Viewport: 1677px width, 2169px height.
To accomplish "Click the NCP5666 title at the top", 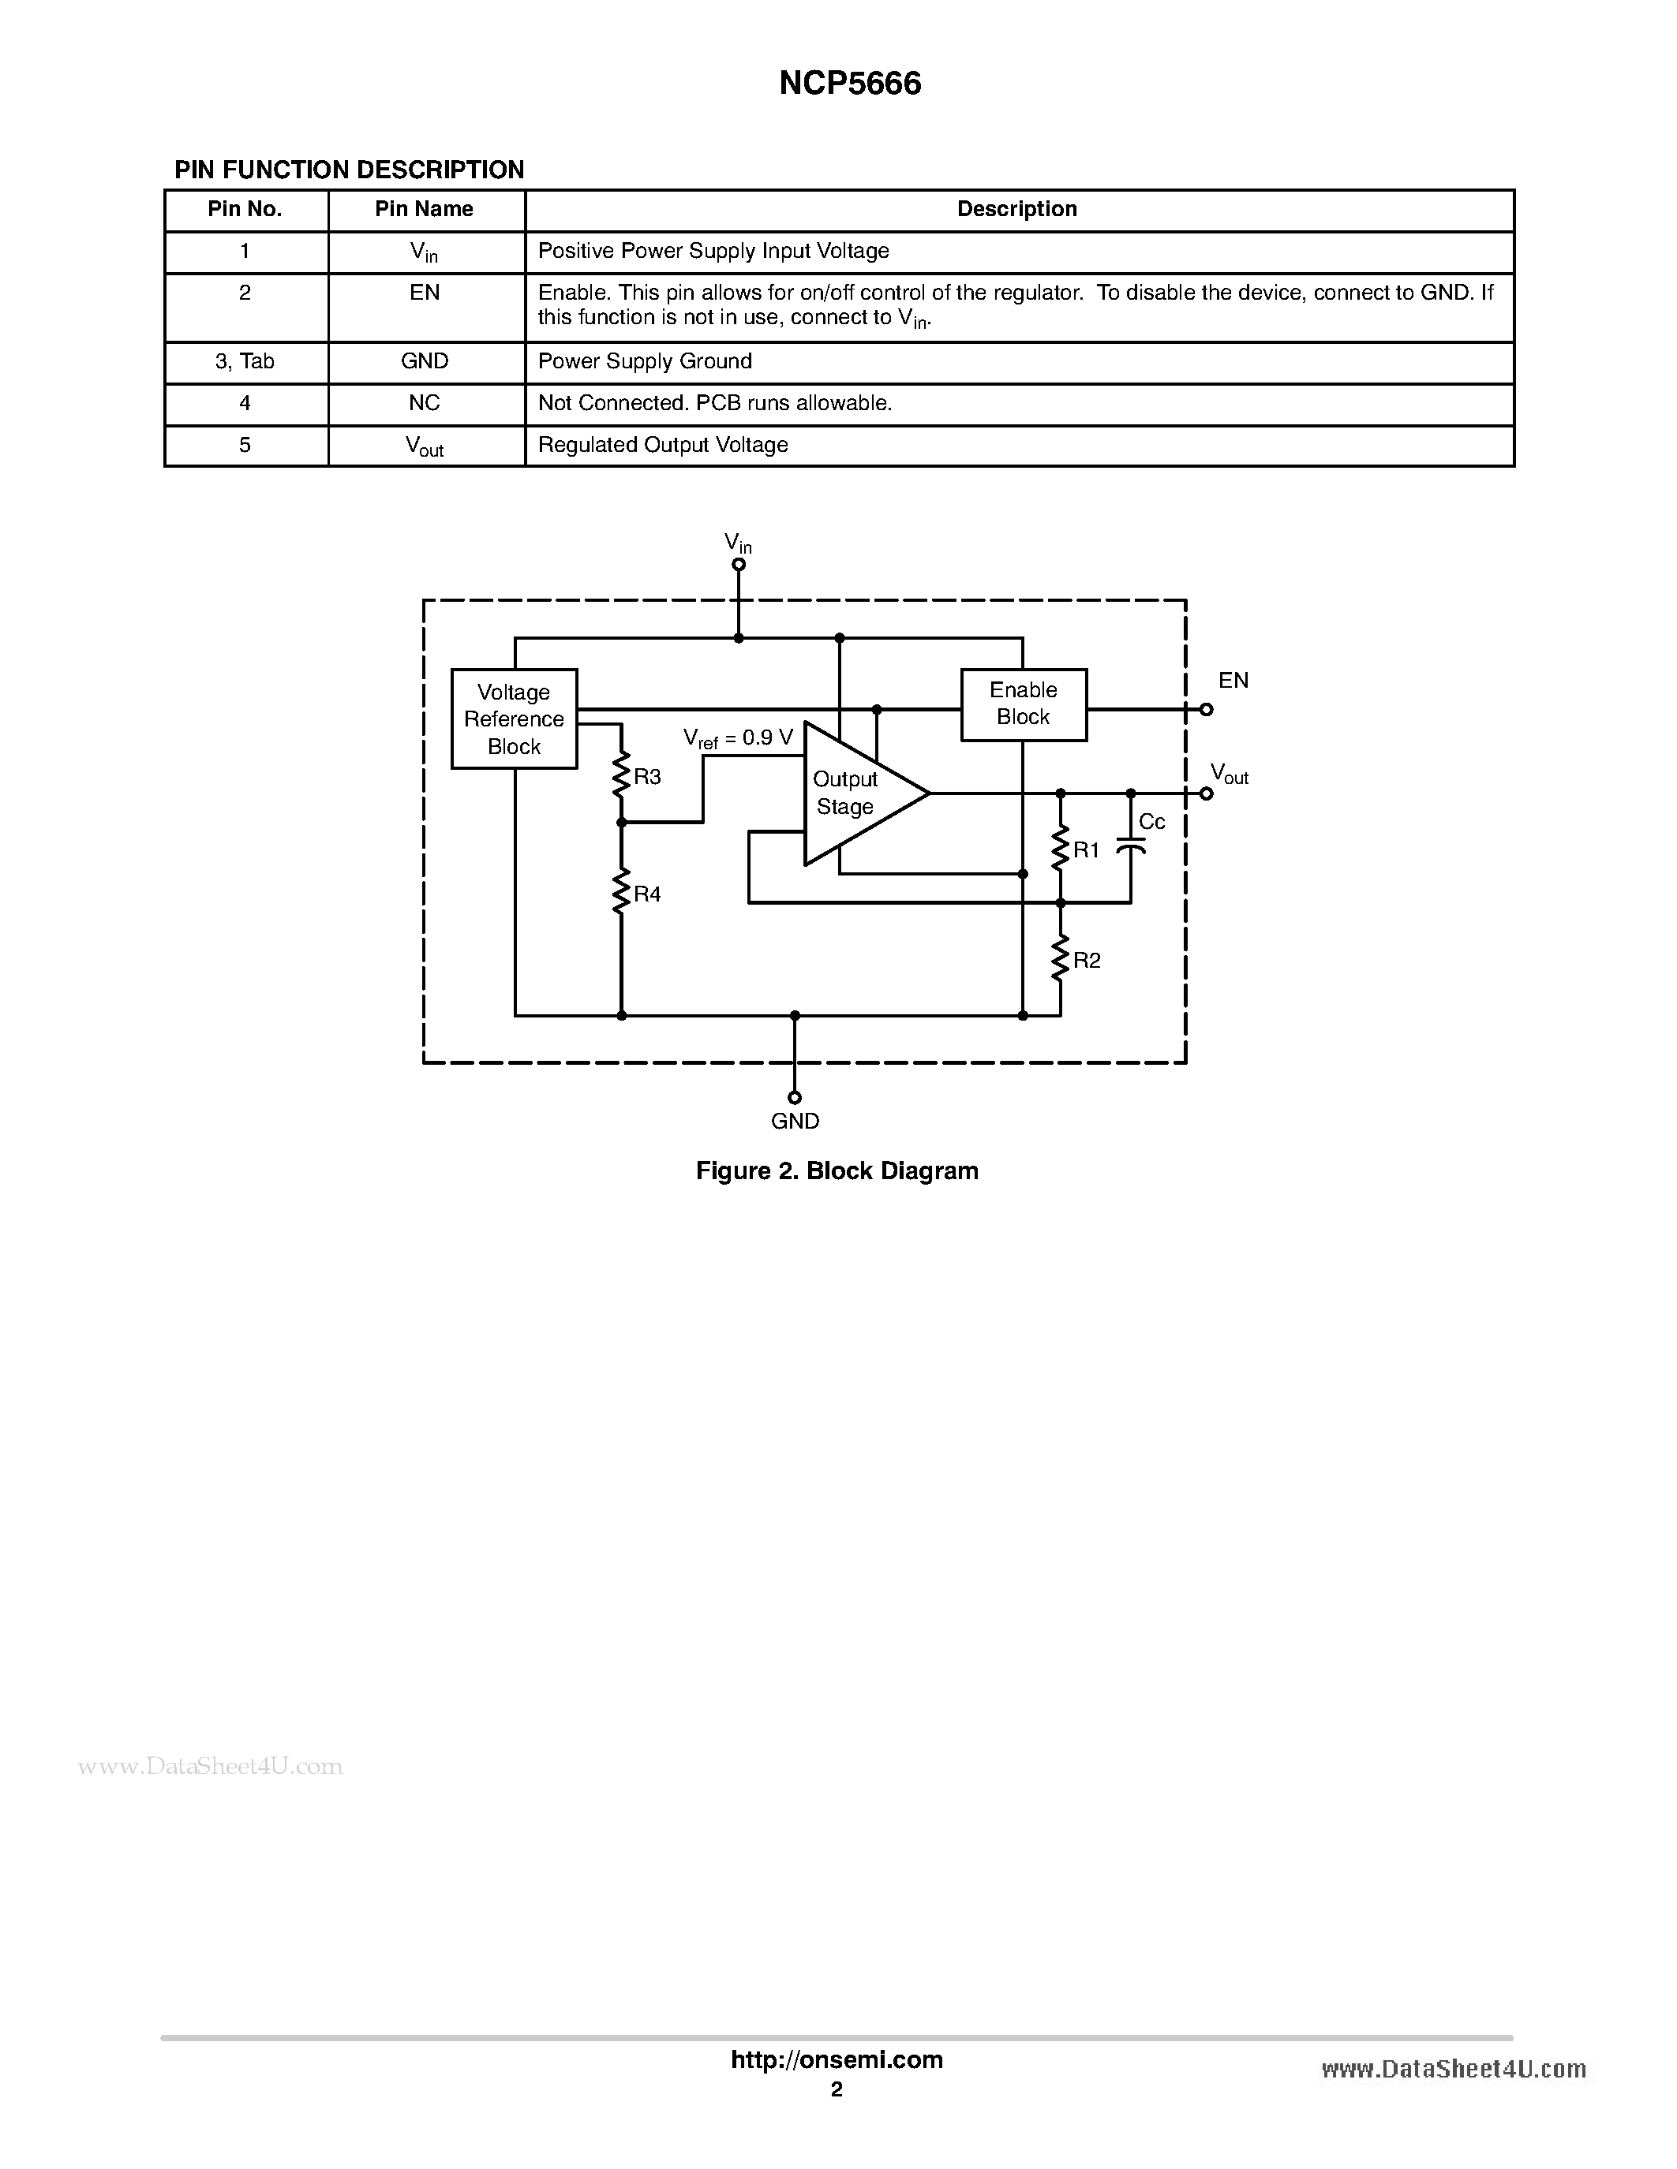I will [x=849, y=84].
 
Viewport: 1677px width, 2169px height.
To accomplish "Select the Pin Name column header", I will [x=425, y=210].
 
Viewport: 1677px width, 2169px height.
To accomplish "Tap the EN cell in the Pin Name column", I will [x=425, y=293].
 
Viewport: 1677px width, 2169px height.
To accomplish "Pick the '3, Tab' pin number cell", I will [x=245, y=361].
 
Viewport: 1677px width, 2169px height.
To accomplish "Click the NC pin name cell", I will [x=425, y=403].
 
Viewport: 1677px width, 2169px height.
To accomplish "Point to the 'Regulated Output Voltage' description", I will [x=663, y=445].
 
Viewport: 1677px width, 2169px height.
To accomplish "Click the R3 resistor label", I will [x=647, y=778].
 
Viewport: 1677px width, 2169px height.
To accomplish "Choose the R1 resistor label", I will [x=1086, y=850].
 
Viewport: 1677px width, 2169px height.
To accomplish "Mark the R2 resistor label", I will [x=1087, y=961].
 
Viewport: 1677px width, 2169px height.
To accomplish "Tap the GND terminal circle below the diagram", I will [x=795, y=1097].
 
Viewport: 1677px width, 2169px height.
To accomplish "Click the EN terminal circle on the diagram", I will [x=1206, y=709].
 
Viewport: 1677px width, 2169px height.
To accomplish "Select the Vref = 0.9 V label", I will [x=738, y=739].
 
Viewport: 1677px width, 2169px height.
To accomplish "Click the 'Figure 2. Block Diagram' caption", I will [x=837, y=1171].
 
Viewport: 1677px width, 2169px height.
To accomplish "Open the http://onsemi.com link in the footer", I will [x=837, y=2059].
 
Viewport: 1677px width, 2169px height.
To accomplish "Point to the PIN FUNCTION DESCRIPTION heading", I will [x=350, y=170].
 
